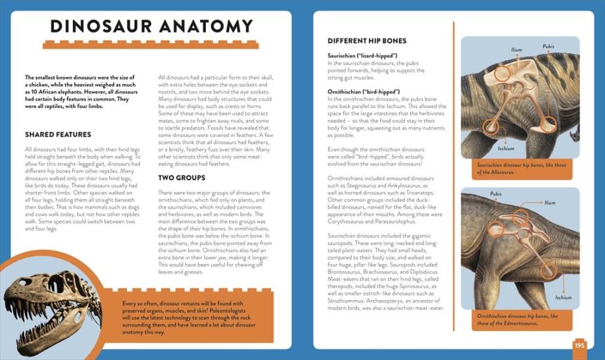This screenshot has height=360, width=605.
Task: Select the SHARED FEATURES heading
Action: pyautogui.click(x=58, y=134)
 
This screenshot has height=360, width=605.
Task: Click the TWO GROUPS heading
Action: pyautogui.click(x=181, y=178)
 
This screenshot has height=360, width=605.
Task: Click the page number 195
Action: pyautogui.click(x=579, y=345)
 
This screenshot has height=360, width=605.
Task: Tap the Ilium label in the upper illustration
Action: pyautogui.click(x=517, y=49)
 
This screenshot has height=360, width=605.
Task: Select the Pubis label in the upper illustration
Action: pyautogui.click(x=548, y=46)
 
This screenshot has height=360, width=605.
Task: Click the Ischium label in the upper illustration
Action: pyautogui.click(x=506, y=148)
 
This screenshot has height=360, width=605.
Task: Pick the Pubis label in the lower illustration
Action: pyautogui.click(x=496, y=193)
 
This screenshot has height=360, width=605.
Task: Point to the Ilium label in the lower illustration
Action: pyautogui.click(x=550, y=203)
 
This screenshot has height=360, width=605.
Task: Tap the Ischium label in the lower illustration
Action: pyautogui.click(x=563, y=297)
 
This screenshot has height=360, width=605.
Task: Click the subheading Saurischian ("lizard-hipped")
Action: pyautogui.click(x=362, y=56)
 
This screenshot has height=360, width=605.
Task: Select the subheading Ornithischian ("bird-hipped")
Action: pyautogui.click(x=364, y=91)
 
